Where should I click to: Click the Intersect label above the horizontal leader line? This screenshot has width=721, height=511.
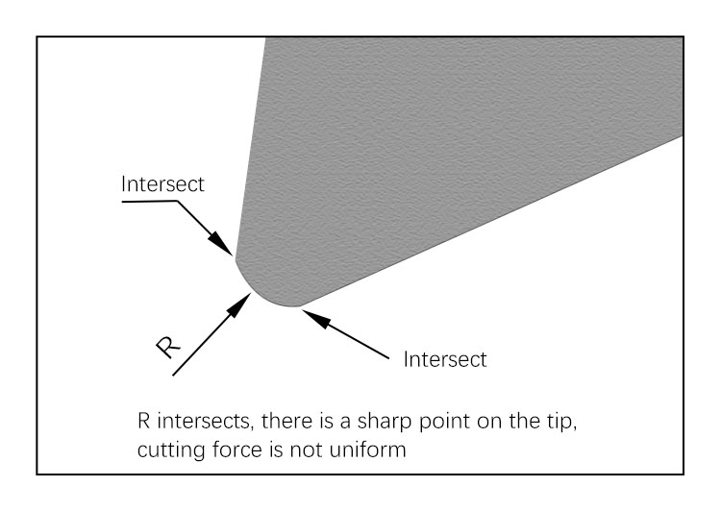point(162,183)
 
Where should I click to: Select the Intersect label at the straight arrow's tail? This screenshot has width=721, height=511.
point(445,359)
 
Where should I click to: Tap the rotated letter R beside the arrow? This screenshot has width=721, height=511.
point(168,347)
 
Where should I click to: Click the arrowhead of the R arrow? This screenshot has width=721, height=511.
point(240,304)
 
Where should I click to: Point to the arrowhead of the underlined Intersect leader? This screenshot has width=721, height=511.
point(222,244)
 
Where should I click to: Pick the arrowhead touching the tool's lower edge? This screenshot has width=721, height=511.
point(315,318)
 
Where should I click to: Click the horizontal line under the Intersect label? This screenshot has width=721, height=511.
point(149,202)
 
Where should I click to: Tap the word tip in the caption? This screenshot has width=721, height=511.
point(561,422)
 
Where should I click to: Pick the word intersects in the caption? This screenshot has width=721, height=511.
point(206,421)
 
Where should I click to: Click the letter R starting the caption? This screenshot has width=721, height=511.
point(143,421)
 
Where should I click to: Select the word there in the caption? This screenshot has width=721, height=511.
point(286,421)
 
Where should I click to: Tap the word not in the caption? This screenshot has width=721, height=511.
point(307,450)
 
